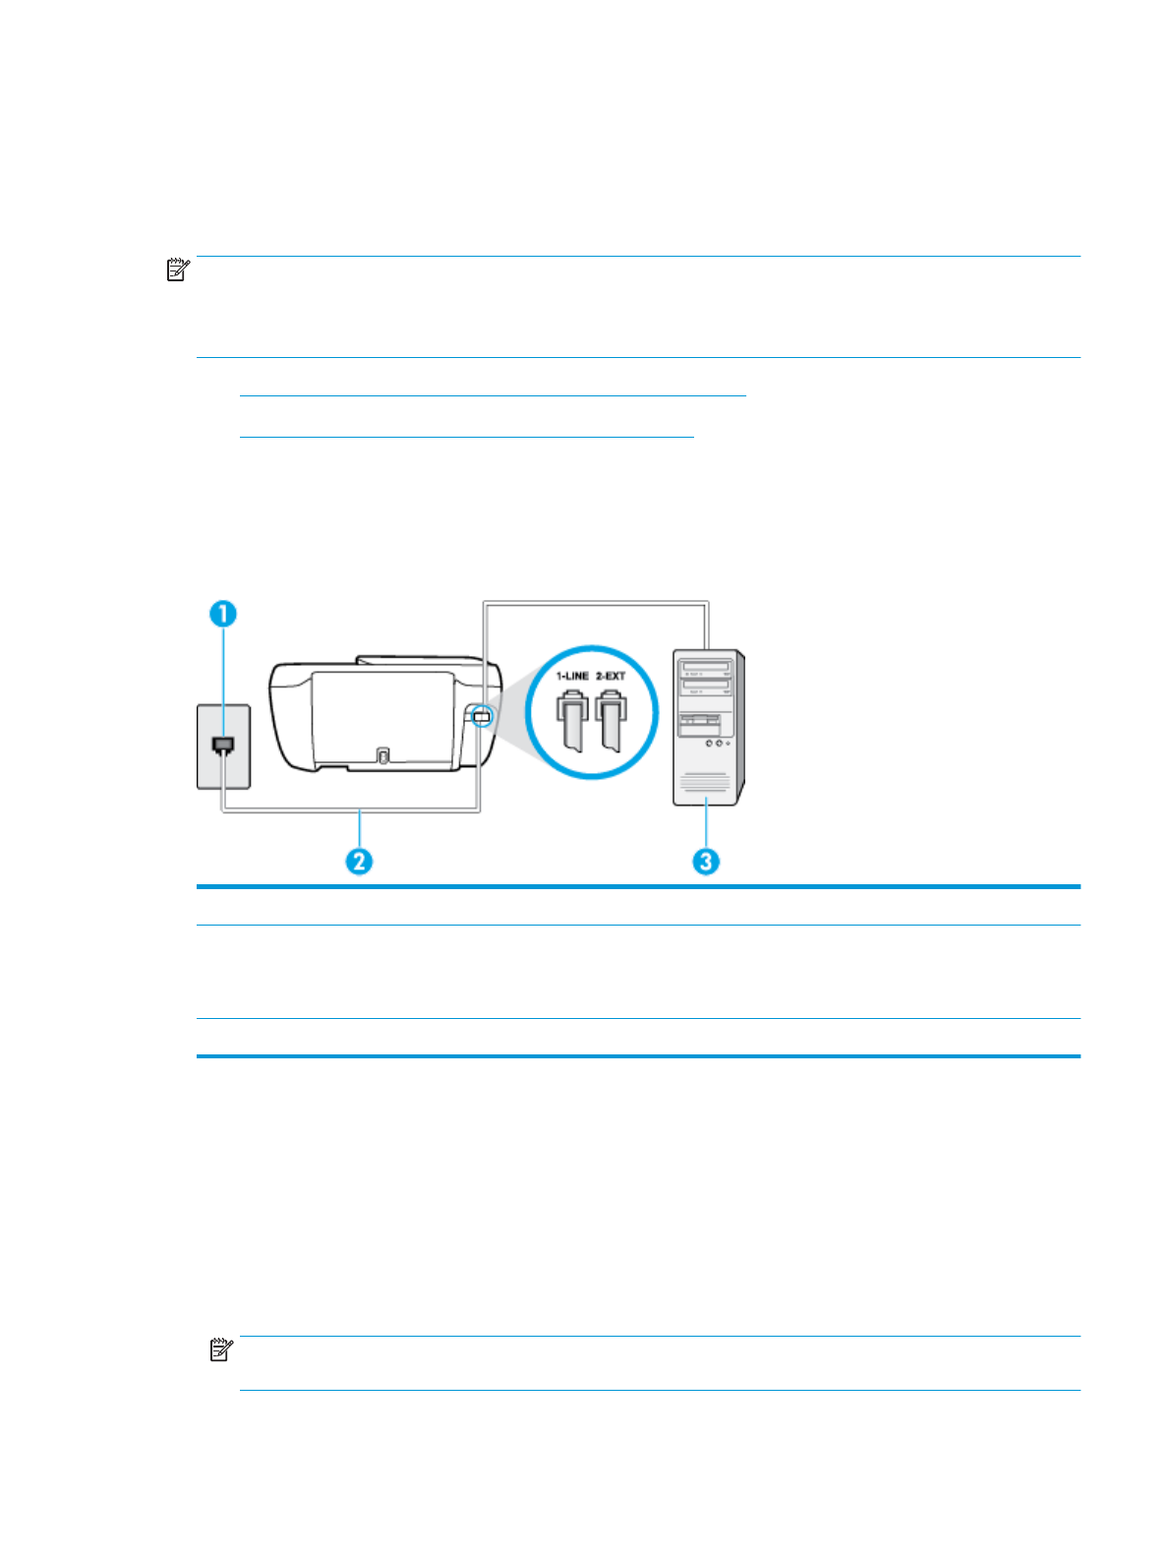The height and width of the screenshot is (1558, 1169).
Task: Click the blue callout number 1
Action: pyautogui.click(x=223, y=614)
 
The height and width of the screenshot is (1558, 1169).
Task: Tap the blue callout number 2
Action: pyautogui.click(x=360, y=861)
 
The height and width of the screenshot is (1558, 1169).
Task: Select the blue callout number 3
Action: pyautogui.click(x=706, y=861)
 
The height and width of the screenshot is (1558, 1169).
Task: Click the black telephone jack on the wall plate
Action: pyautogui.click(x=223, y=746)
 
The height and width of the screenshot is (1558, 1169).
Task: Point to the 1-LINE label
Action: pyautogui.click(x=572, y=676)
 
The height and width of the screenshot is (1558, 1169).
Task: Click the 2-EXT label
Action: pyautogui.click(x=611, y=676)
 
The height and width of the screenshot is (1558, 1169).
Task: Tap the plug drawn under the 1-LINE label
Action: pyautogui.click(x=573, y=719)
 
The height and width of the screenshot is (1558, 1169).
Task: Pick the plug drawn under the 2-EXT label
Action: pyautogui.click(x=611, y=719)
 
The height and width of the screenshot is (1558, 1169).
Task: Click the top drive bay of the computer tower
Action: pyautogui.click(x=706, y=666)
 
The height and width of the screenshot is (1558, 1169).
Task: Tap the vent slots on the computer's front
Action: pyautogui.click(x=705, y=784)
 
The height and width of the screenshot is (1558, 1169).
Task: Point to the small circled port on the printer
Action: pyautogui.click(x=481, y=716)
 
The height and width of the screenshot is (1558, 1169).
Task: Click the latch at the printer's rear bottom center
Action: pyautogui.click(x=382, y=755)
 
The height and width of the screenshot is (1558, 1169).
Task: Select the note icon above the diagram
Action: pyautogui.click(x=178, y=270)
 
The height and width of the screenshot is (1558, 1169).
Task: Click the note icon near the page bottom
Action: pyautogui.click(x=221, y=1349)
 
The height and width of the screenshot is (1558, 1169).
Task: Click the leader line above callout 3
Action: pyautogui.click(x=706, y=826)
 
